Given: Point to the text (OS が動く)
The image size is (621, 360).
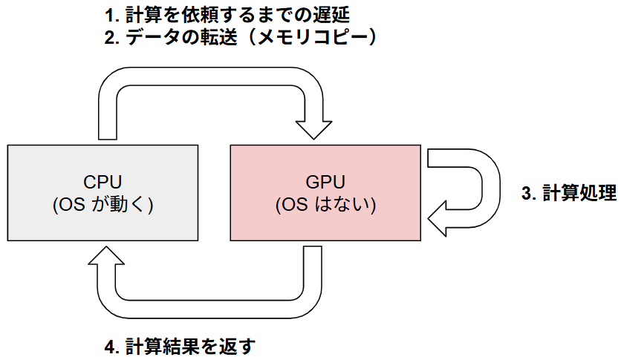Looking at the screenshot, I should tap(103, 205).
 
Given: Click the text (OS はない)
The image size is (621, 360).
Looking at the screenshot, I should tap(326, 205).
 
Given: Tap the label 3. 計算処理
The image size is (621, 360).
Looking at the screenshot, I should tap(568, 194).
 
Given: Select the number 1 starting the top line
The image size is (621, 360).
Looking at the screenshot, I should tap(109, 14).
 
